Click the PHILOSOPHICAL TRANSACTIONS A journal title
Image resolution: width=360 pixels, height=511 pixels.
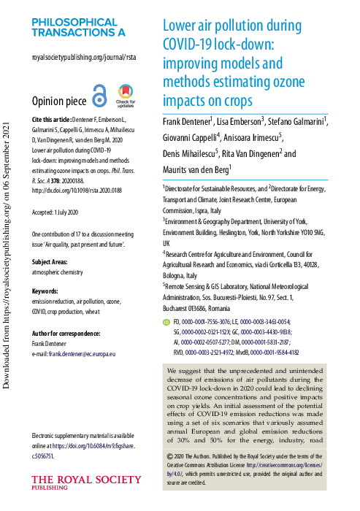[78, 27]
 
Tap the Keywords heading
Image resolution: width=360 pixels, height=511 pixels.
[48, 270]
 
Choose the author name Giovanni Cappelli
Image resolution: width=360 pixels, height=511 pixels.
[191, 137]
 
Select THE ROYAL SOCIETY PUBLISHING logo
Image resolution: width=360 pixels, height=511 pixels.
[85, 483]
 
